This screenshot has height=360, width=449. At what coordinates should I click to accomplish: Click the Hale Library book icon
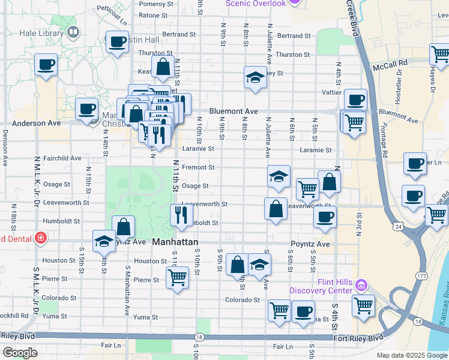pyautogui.click(x=73, y=31)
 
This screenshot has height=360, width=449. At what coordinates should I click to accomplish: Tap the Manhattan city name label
pyautogui.click(x=175, y=242)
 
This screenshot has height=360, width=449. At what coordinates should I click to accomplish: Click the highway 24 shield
pyautogui.click(x=399, y=226)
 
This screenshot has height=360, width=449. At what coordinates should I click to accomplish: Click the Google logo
pyautogui.click(x=20, y=353)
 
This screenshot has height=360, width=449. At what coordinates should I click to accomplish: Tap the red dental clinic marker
pyautogui.click(x=40, y=238)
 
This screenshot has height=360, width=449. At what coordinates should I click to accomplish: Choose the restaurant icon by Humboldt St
pyautogui.click(x=181, y=214)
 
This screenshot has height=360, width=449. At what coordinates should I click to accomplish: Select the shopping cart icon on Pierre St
pyautogui.click(x=177, y=277)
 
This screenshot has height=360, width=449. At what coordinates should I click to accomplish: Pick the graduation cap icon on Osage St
pyautogui.click(x=279, y=176)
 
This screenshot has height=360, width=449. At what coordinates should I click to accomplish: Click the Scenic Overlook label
pyautogui.click(x=256, y=4)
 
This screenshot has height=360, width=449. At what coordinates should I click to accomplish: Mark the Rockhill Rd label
pyautogui.click(x=14, y=316)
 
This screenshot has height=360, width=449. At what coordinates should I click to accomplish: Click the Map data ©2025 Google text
pyautogui.click(x=411, y=355)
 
